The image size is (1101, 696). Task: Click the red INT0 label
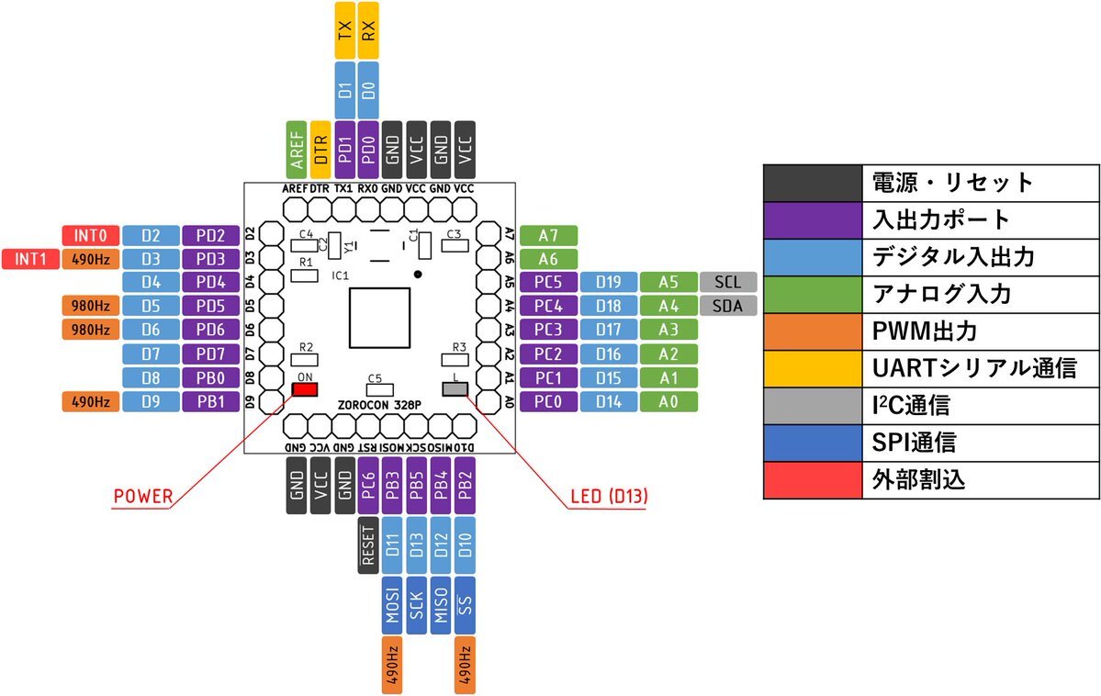tap(89, 236)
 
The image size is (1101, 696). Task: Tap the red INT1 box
tap(30, 259)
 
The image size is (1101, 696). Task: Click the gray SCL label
tap(727, 282)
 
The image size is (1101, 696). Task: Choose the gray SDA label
tap(727, 306)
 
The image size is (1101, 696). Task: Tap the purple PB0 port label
tap(210, 377)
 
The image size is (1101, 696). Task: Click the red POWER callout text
tap(142, 497)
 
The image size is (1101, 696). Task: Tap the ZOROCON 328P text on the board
tap(379, 404)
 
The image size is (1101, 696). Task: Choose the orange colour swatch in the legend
tap(813, 331)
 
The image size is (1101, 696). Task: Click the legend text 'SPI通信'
tap(914, 443)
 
